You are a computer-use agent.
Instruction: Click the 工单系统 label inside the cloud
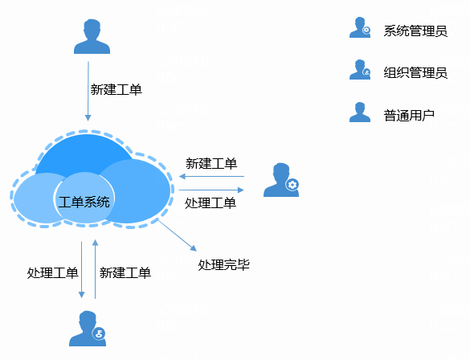tap(84, 202)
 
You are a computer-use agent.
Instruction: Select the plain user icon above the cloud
tap(92, 37)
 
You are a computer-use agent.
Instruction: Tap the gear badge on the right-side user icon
tap(292, 185)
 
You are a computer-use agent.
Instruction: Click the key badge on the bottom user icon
tap(99, 333)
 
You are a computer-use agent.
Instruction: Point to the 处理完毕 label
tap(223, 264)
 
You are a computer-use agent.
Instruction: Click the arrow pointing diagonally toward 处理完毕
tap(177, 235)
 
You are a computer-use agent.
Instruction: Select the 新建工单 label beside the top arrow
tap(116, 90)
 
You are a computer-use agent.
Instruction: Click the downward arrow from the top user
tap(88, 92)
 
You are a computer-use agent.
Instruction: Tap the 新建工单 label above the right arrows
tap(211, 164)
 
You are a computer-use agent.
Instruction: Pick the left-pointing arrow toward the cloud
tap(211, 176)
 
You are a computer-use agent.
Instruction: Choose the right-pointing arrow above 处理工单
tap(211, 190)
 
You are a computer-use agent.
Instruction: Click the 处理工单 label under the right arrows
tap(210, 203)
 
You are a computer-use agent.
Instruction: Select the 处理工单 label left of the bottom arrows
tap(52, 272)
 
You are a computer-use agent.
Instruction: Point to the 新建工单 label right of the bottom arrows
tap(125, 272)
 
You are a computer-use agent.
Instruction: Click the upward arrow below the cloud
tap(95, 269)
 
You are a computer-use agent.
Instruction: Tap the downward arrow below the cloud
tap(81, 270)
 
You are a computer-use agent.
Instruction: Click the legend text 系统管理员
tap(415, 31)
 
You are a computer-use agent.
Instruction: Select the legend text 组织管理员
tap(415, 72)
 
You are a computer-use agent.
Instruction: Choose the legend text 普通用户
tap(409, 116)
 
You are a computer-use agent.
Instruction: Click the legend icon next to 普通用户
tap(360, 112)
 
